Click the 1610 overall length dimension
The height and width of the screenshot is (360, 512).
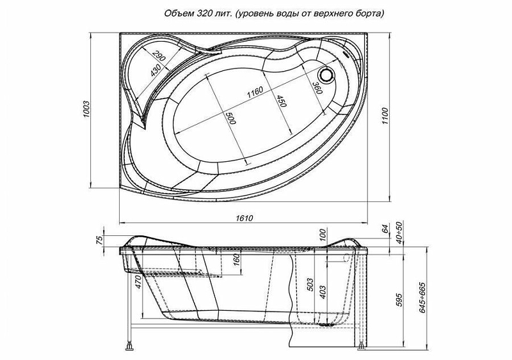(x=244, y=217)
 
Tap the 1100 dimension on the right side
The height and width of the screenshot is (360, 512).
(x=386, y=116)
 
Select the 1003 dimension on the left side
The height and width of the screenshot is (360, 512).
(x=87, y=109)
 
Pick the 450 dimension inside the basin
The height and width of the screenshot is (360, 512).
(x=282, y=101)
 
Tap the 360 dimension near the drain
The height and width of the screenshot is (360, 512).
(x=317, y=88)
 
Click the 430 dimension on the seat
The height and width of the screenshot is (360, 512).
(x=156, y=70)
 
